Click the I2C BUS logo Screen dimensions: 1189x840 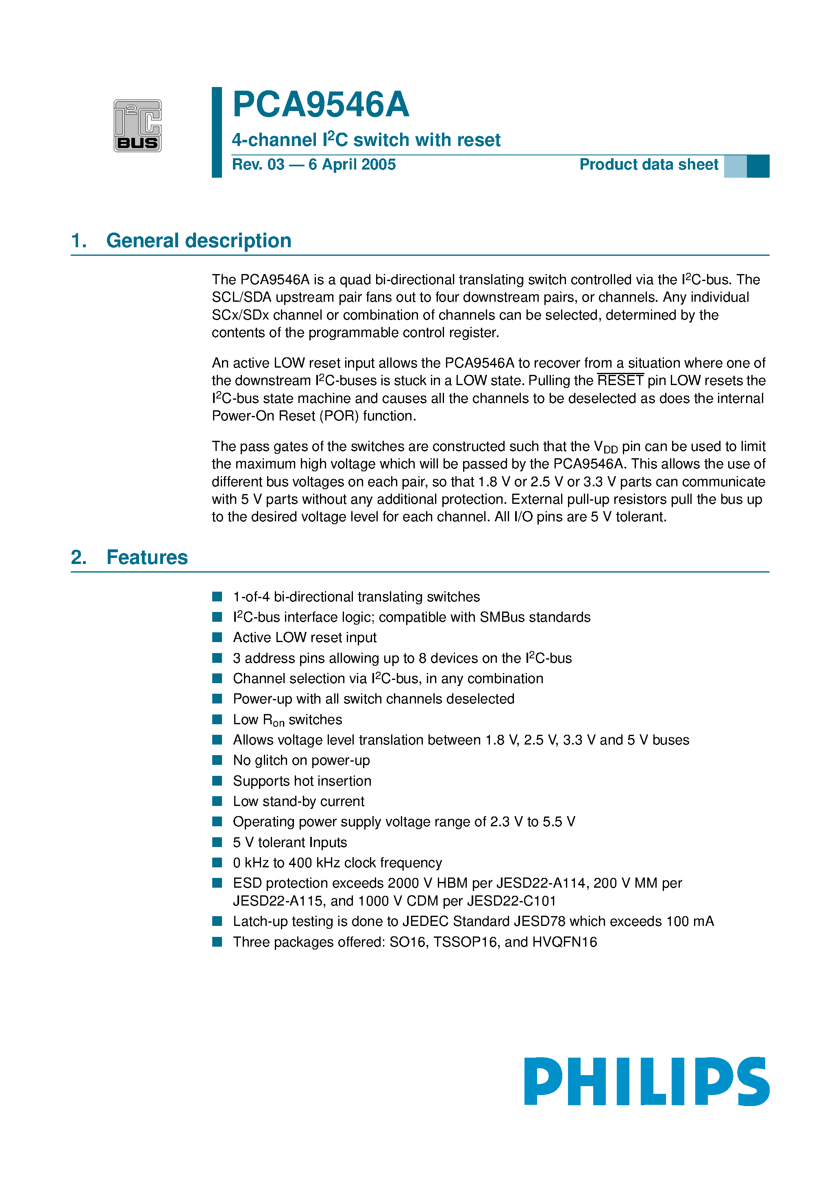point(137,125)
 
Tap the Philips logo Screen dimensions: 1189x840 point(646,1081)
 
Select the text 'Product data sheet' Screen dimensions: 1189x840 point(648,165)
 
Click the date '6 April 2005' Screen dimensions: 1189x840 point(352,165)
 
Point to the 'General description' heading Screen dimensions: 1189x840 point(198,241)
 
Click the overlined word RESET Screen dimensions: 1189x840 point(620,381)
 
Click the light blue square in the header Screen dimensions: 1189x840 point(735,166)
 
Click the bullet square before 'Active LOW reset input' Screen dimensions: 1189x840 point(217,638)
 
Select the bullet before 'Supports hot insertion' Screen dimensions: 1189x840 point(217,781)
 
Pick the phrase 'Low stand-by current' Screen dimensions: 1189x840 point(298,801)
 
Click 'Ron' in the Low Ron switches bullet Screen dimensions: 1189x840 point(274,720)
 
